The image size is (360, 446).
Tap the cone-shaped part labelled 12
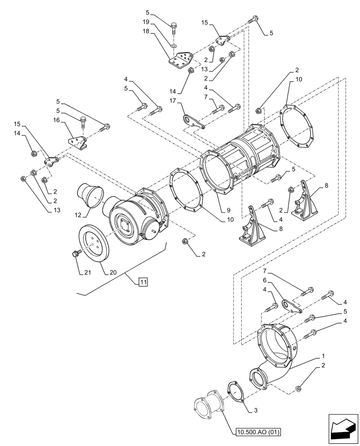[91, 195]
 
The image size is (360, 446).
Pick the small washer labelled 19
[174, 45]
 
